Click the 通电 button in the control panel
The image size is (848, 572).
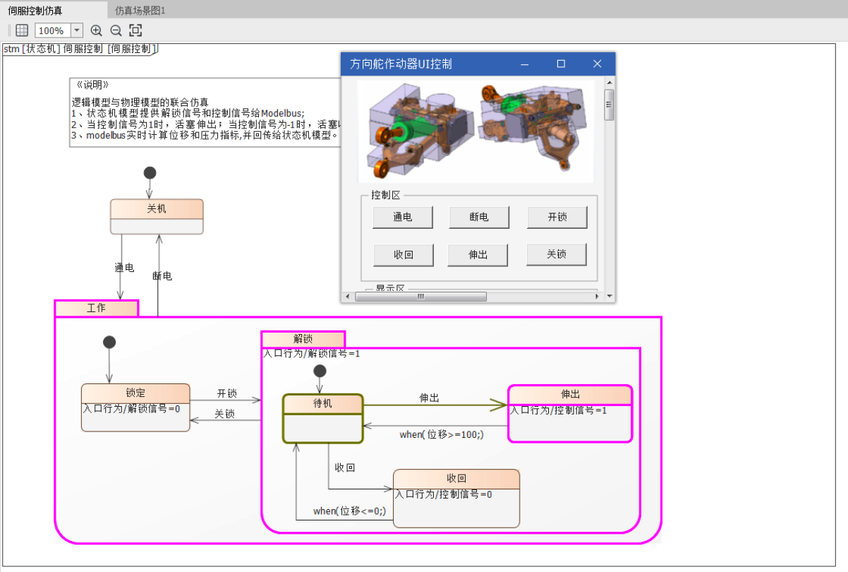(403, 218)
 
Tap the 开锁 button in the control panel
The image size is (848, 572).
(557, 218)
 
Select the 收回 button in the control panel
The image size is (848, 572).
(403, 255)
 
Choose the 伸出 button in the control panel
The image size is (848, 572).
(478, 255)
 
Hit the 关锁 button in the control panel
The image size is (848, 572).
(557, 254)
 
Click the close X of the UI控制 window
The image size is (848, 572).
(597, 64)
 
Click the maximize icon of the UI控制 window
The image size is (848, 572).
(561, 64)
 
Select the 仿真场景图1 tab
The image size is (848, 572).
(140, 10)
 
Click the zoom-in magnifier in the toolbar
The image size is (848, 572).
(97, 30)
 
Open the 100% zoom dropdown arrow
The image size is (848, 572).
(77, 30)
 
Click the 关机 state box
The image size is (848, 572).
(157, 216)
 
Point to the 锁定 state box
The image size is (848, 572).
(135, 407)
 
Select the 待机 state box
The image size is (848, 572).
(322, 419)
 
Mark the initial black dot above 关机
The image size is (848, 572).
(150, 173)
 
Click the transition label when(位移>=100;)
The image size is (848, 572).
(442, 434)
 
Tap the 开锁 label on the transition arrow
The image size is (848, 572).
(226, 393)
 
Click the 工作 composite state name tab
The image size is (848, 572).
(97, 308)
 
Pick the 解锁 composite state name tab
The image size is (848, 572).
(303, 339)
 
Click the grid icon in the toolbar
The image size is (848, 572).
(22, 30)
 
